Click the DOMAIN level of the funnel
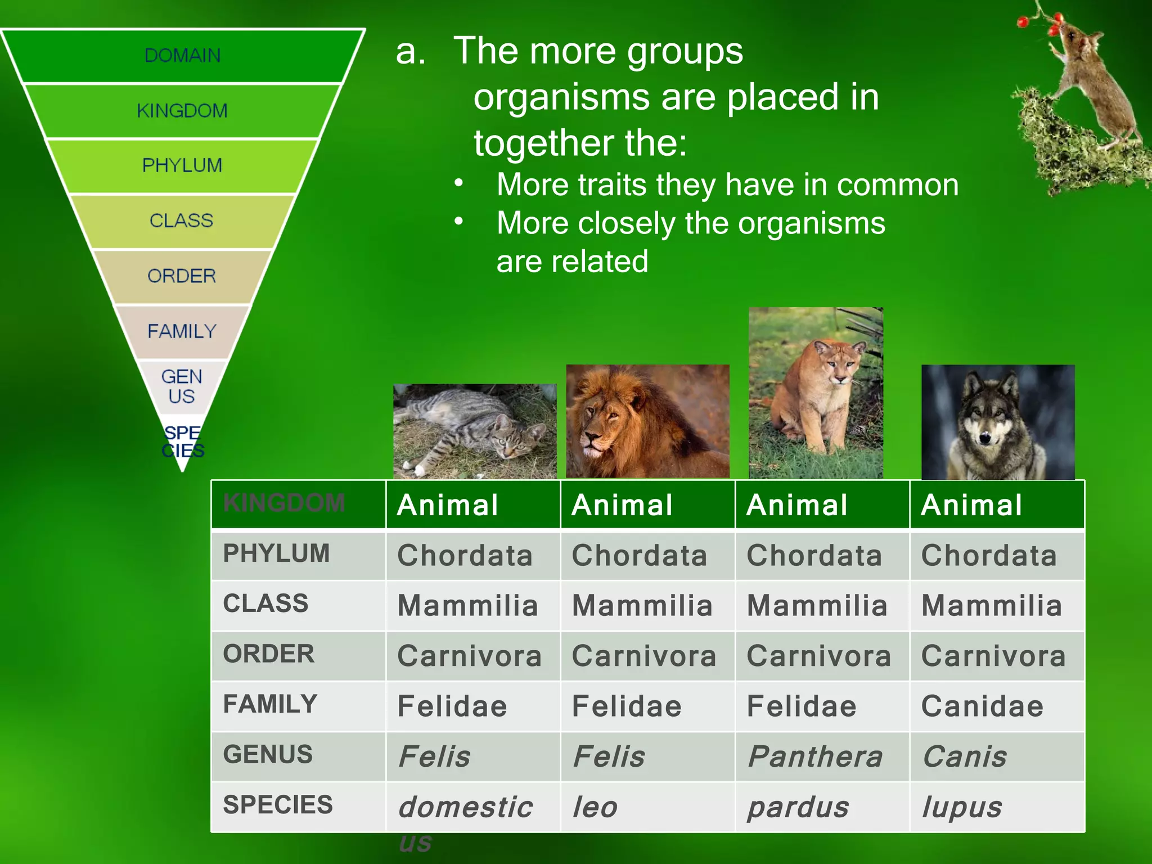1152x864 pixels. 182,56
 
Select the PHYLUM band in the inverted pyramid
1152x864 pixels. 182,165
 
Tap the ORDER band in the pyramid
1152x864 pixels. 182,276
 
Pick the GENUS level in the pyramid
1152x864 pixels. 182,386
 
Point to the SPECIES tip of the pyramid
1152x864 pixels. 182,442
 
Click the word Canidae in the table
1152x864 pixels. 982,706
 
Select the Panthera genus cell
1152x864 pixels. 815,757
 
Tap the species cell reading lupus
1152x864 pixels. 961,807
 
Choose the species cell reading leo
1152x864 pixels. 595,807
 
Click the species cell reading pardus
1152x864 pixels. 798,807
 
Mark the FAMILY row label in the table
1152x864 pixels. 271,704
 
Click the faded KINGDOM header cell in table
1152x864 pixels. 284,503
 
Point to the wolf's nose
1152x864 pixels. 985,437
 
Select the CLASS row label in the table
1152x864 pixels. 265,604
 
